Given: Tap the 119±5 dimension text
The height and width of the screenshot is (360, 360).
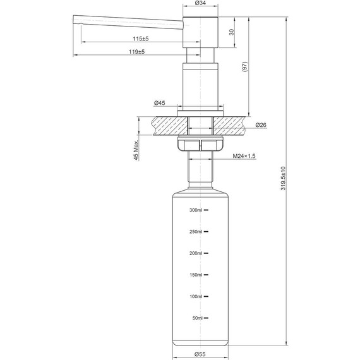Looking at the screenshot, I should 136,52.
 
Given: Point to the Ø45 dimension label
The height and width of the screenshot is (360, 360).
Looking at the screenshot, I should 159,103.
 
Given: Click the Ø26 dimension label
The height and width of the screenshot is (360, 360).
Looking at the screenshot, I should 261,125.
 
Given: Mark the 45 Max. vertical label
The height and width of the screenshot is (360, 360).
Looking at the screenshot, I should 136,150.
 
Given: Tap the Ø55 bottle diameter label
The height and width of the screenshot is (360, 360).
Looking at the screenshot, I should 201,354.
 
